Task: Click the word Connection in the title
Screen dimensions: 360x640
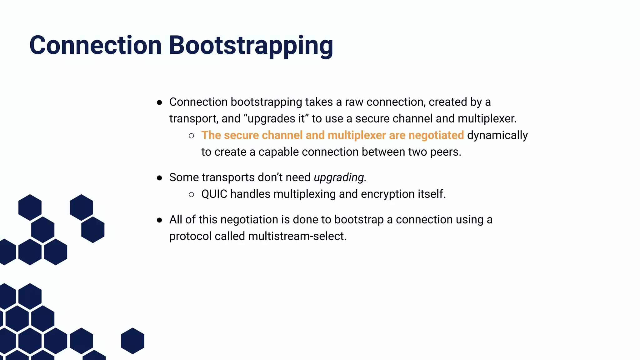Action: pyautogui.click(x=95, y=45)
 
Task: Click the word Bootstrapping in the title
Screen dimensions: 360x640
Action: pyautogui.click(x=251, y=46)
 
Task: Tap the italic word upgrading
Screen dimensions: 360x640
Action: pyautogui.click(x=339, y=177)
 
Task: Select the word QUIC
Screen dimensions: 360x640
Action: pyautogui.click(x=214, y=194)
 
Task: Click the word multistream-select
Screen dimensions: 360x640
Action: pyautogui.click(x=297, y=236)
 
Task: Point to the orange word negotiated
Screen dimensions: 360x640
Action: pyautogui.click(x=436, y=135)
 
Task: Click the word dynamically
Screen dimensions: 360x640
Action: pyautogui.click(x=497, y=136)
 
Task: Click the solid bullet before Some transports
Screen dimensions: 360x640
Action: pyautogui.click(x=159, y=178)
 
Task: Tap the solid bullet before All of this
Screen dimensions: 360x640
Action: pyautogui.click(x=159, y=220)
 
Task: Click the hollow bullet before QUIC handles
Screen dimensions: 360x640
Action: pyautogui.click(x=192, y=195)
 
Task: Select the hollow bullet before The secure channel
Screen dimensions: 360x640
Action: pyautogui.click(x=192, y=136)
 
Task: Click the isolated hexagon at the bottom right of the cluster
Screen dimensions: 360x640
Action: pyautogui.click(x=132, y=341)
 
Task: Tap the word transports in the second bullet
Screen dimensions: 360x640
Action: pyautogui.click(x=228, y=177)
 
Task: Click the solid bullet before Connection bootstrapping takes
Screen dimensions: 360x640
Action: pyautogui.click(x=159, y=102)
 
